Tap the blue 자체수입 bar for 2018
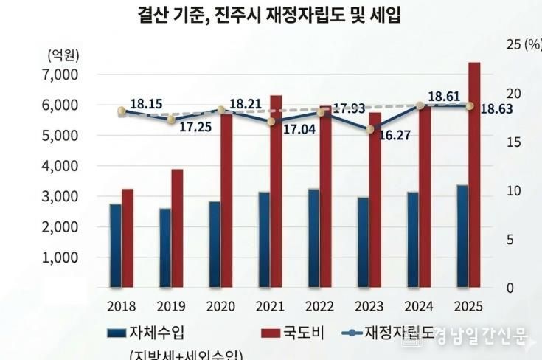[115, 245]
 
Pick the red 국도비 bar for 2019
[177, 228]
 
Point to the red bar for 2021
[276, 191]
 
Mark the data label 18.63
[497, 109]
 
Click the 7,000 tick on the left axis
[61, 75]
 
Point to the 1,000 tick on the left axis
[61, 258]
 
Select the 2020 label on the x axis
[220, 305]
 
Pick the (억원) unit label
[63, 54]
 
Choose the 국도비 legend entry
[300, 333]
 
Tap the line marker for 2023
[370, 130]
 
